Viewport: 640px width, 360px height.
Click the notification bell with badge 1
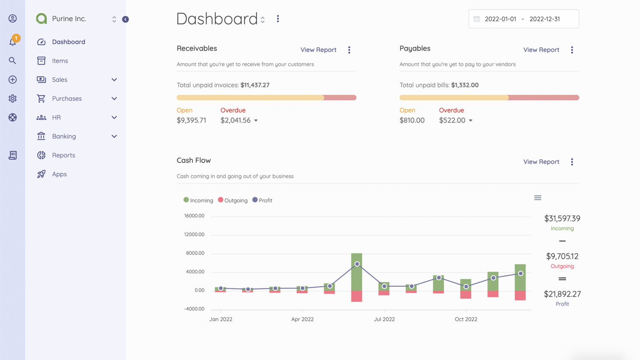click(13, 42)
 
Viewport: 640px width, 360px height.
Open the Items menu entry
click(60, 61)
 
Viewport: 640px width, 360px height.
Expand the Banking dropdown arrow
click(114, 136)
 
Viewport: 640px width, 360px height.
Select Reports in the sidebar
click(63, 155)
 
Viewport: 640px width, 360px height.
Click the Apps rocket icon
click(41, 174)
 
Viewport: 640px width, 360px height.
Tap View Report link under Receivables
click(318, 50)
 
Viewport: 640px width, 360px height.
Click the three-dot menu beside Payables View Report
click(572, 50)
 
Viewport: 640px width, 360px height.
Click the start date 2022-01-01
click(500, 19)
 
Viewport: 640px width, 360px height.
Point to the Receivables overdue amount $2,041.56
click(235, 120)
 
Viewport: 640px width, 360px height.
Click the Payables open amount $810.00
click(412, 120)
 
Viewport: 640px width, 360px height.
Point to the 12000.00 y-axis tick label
click(194, 235)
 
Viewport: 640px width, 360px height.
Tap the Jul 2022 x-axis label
click(384, 319)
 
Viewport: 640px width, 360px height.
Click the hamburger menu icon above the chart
click(537, 198)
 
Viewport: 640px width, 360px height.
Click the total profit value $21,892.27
click(562, 294)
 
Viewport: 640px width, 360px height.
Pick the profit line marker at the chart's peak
click(357, 264)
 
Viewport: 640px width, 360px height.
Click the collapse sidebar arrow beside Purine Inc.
click(125, 19)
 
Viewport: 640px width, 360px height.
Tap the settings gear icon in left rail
click(12, 99)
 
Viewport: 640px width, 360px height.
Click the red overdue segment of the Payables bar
click(543, 97)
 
